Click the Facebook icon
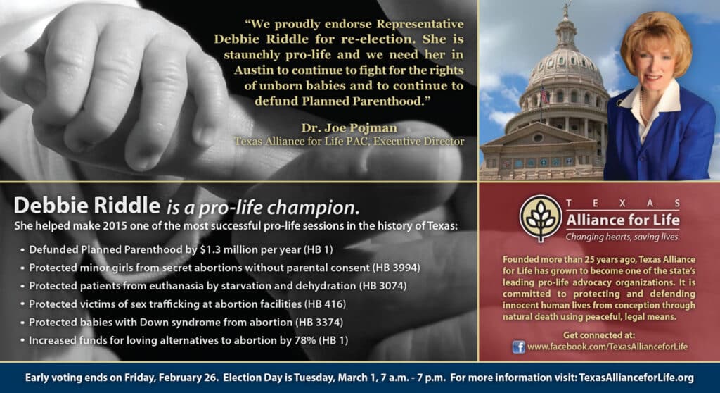[518, 347]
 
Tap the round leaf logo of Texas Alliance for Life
[541, 218]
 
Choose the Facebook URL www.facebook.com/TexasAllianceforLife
[607, 347]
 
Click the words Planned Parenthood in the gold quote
[366, 101]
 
